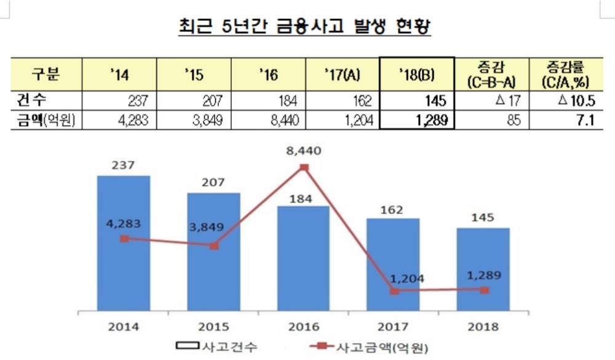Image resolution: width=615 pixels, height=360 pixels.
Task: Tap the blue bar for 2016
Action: (304, 258)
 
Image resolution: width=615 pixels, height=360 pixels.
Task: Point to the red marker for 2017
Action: (394, 291)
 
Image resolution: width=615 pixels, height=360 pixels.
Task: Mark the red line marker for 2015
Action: (214, 246)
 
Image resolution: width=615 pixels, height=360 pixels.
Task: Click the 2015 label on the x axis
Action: (213, 326)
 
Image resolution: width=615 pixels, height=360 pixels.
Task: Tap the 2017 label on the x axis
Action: (394, 326)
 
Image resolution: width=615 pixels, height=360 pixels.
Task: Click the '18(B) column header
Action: (417, 74)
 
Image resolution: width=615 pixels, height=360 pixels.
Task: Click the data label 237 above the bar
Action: (124, 166)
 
